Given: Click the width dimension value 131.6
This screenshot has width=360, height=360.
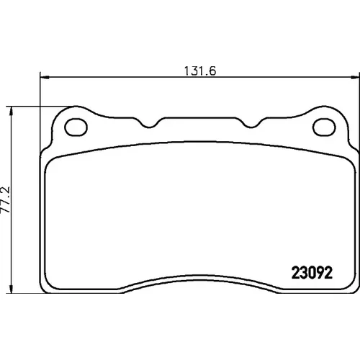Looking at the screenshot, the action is click(x=200, y=71).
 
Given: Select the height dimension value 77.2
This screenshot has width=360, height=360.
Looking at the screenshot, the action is click(x=6, y=199).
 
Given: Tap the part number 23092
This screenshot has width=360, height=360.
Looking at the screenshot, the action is click(x=312, y=273).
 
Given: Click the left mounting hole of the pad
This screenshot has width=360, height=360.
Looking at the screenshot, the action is click(x=76, y=127).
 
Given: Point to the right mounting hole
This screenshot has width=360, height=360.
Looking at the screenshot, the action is click(x=324, y=127).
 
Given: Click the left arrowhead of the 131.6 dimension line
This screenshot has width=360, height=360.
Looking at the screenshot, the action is click(x=45, y=77).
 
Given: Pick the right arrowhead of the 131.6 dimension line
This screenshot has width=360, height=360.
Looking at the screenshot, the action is click(x=355, y=77).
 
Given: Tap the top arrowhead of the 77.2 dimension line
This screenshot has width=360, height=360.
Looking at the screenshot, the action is click(x=11, y=112).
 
